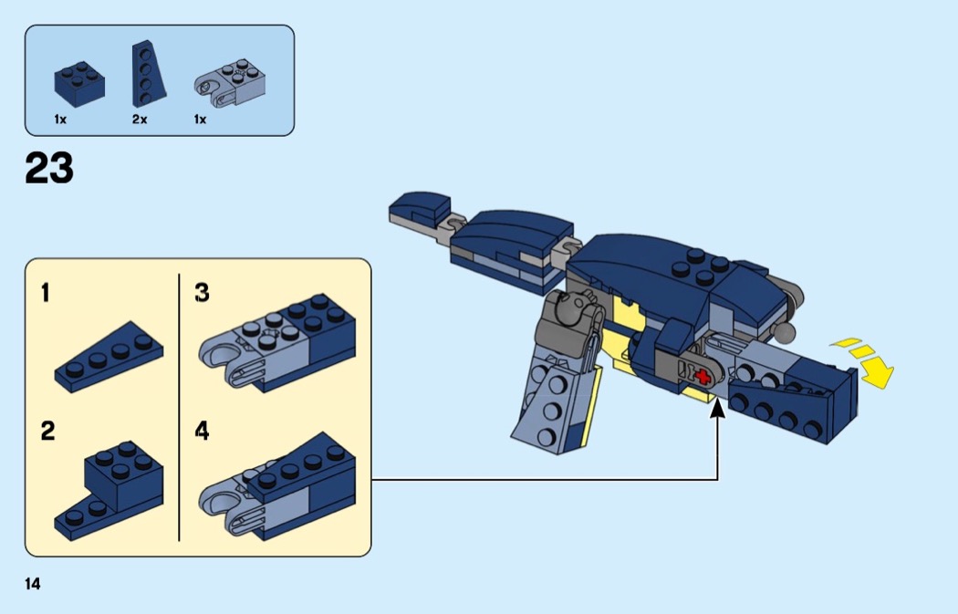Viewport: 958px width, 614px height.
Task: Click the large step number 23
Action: [x=49, y=169]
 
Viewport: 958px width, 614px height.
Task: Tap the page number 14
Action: [x=33, y=584]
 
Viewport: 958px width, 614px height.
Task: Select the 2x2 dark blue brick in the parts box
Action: [x=78, y=80]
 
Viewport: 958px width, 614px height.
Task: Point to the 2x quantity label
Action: [x=140, y=120]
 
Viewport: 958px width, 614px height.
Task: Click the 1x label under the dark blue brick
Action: [x=60, y=120]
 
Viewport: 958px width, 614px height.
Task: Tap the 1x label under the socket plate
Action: [x=200, y=120]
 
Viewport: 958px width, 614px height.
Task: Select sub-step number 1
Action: [x=46, y=293]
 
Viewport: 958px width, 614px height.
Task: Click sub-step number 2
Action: [x=47, y=431]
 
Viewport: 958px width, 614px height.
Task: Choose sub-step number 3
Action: [x=202, y=293]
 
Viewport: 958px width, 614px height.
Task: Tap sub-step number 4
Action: [x=202, y=431]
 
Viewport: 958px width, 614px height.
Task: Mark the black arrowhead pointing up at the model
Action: [x=718, y=412]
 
